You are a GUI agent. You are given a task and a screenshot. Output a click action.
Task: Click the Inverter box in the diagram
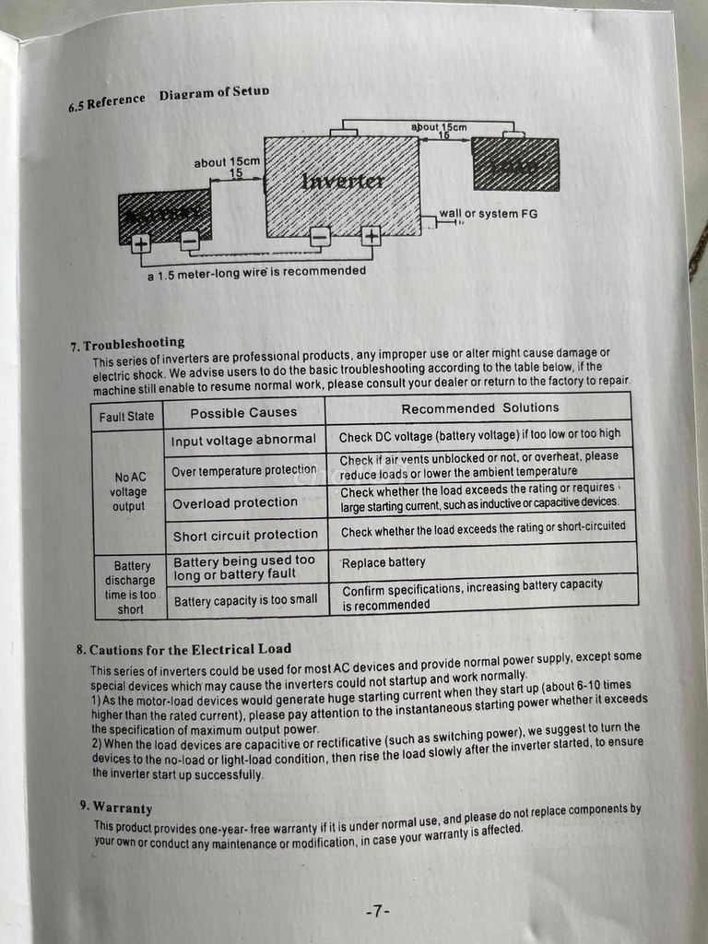(342, 183)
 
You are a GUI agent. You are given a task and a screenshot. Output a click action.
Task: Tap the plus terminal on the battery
(141, 243)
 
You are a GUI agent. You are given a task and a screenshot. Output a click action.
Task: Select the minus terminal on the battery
(189, 241)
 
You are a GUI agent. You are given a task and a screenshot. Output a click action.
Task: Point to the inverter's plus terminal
(371, 236)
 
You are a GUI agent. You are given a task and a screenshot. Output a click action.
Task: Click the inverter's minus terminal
(320, 237)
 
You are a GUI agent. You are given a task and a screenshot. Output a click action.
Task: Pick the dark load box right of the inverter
(514, 164)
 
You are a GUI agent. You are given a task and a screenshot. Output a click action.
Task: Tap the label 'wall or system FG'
(488, 214)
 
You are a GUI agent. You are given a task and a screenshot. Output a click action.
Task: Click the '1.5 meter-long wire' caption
(257, 272)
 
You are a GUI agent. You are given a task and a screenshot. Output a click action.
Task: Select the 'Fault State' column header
(127, 416)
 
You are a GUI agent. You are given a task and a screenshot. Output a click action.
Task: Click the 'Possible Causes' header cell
(243, 412)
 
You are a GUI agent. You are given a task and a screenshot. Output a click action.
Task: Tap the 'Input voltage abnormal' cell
(243, 441)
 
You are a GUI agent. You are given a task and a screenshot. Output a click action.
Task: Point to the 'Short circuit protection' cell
(245, 535)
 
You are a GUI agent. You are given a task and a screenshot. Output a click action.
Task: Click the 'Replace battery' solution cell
(383, 562)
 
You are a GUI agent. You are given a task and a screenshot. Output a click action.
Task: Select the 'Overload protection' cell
(235, 503)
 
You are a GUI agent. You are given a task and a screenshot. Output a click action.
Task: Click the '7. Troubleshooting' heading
(127, 345)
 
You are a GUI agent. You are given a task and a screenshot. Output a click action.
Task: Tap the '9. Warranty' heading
(116, 808)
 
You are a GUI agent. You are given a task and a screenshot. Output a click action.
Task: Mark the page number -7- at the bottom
(378, 912)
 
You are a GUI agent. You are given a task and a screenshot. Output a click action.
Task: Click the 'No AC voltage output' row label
(129, 491)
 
